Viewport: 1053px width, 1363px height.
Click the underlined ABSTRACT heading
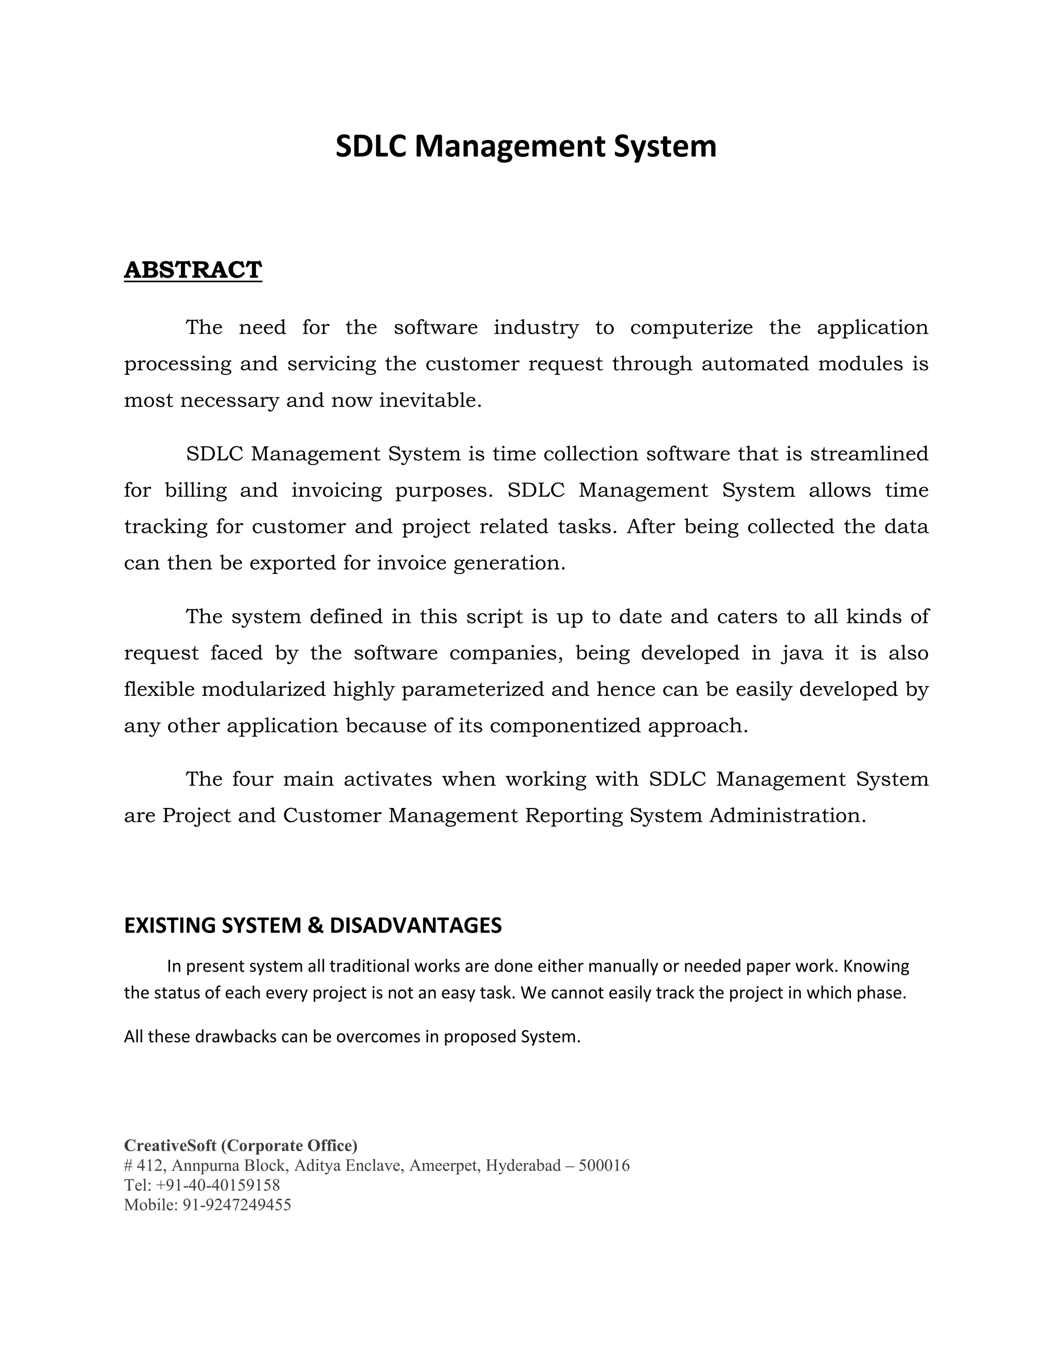(x=193, y=270)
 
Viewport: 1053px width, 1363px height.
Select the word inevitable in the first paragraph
(x=430, y=400)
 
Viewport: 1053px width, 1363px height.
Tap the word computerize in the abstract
(x=691, y=328)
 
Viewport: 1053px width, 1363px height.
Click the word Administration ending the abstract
(x=787, y=816)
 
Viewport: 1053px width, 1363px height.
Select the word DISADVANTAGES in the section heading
(x=415, y=925)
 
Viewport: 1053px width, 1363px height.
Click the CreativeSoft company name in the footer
(x=170, y=1146)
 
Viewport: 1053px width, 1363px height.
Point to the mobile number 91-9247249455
(x=237, y=1205)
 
